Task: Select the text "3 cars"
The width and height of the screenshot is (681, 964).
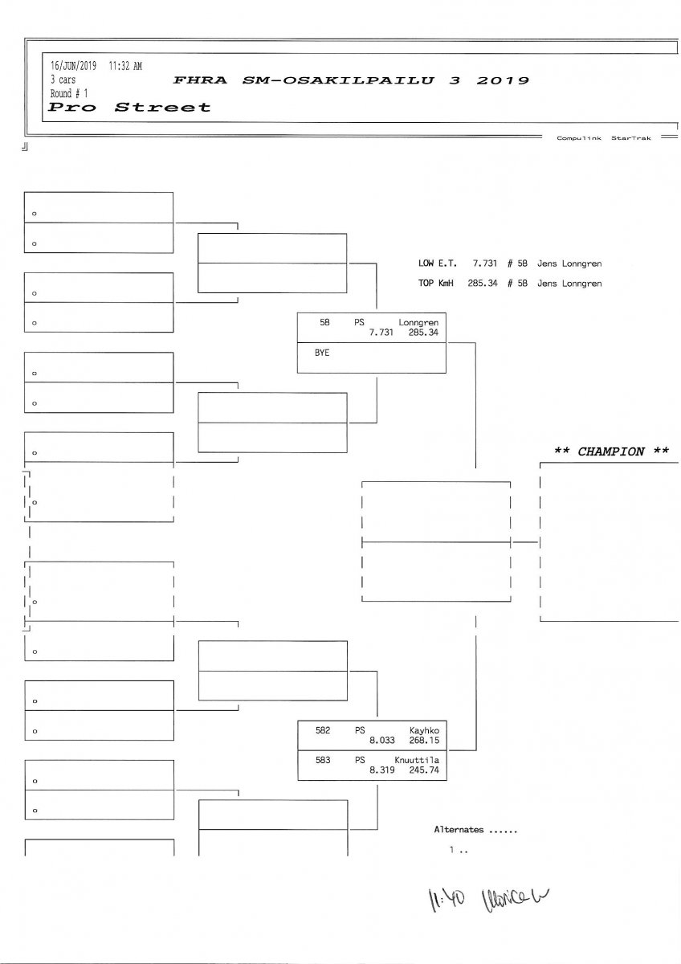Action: pos(63,80)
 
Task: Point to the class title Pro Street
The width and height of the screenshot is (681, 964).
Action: pos(129,107)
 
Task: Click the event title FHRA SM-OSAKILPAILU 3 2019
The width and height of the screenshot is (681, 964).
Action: pos(351,80)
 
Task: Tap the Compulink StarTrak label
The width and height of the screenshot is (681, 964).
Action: pos(603,138)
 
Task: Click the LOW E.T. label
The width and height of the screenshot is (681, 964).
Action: pos(437,263)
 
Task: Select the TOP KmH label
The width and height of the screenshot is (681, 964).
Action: pos(437,284)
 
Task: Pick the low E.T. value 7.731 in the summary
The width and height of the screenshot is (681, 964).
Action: pos(486,263)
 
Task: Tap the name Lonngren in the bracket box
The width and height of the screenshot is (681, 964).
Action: pos(418,322)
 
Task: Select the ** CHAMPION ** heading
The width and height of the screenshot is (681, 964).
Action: pos(611,451)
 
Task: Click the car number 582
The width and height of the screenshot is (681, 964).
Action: pos(323,730)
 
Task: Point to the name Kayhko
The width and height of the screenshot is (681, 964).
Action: pos(423,730)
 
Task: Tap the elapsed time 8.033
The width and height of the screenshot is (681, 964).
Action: pos(382,740)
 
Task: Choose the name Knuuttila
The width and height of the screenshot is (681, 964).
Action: pos(416,759)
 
